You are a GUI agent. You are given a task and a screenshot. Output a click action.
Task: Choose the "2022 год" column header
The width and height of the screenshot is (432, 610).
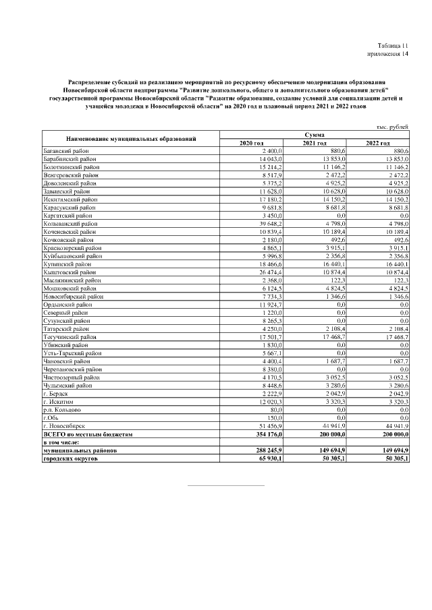(377, 143)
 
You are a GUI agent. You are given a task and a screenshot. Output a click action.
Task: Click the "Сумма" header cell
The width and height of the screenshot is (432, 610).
(314, 135)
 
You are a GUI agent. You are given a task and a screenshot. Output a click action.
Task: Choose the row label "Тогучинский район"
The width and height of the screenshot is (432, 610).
(69, 336)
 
